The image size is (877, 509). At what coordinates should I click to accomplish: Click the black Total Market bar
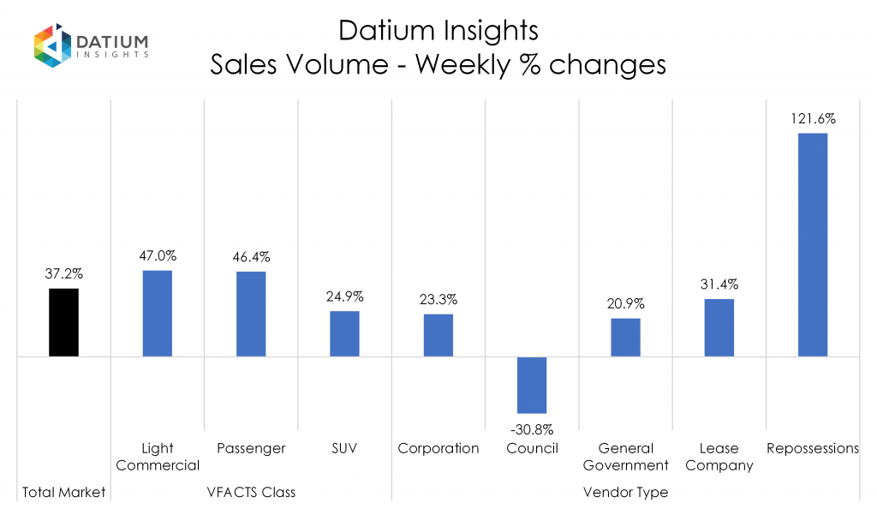pos(63,322)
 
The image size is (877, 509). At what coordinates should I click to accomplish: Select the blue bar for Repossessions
pos(813,244)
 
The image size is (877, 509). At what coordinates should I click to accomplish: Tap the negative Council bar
pos(532,385)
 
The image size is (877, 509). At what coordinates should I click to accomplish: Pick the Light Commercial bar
pos(157,313)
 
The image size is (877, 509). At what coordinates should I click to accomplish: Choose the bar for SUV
pos(344,333)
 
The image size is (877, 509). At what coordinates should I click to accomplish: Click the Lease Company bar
pos(719,327)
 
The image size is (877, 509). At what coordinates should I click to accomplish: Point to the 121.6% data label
pos(813,119)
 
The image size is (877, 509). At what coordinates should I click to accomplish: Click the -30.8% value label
pos(532,429)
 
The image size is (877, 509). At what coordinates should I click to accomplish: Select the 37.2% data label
pos(63,274)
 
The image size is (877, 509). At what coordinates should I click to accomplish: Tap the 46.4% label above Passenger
pos(251,256)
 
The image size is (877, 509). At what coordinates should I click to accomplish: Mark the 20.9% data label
pos(625,303)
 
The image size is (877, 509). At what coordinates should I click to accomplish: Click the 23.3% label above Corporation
pos(438,300)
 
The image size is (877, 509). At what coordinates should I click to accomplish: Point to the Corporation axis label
pos(438,448)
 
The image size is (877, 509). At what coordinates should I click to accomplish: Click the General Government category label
pos(625,457)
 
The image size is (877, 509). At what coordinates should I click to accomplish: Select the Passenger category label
pos(251,448)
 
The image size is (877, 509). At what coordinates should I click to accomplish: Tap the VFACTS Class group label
pos(250,492)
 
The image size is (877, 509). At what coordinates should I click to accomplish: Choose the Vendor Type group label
pos(625,492)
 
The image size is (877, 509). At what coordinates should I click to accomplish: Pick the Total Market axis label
pos(63,492)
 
